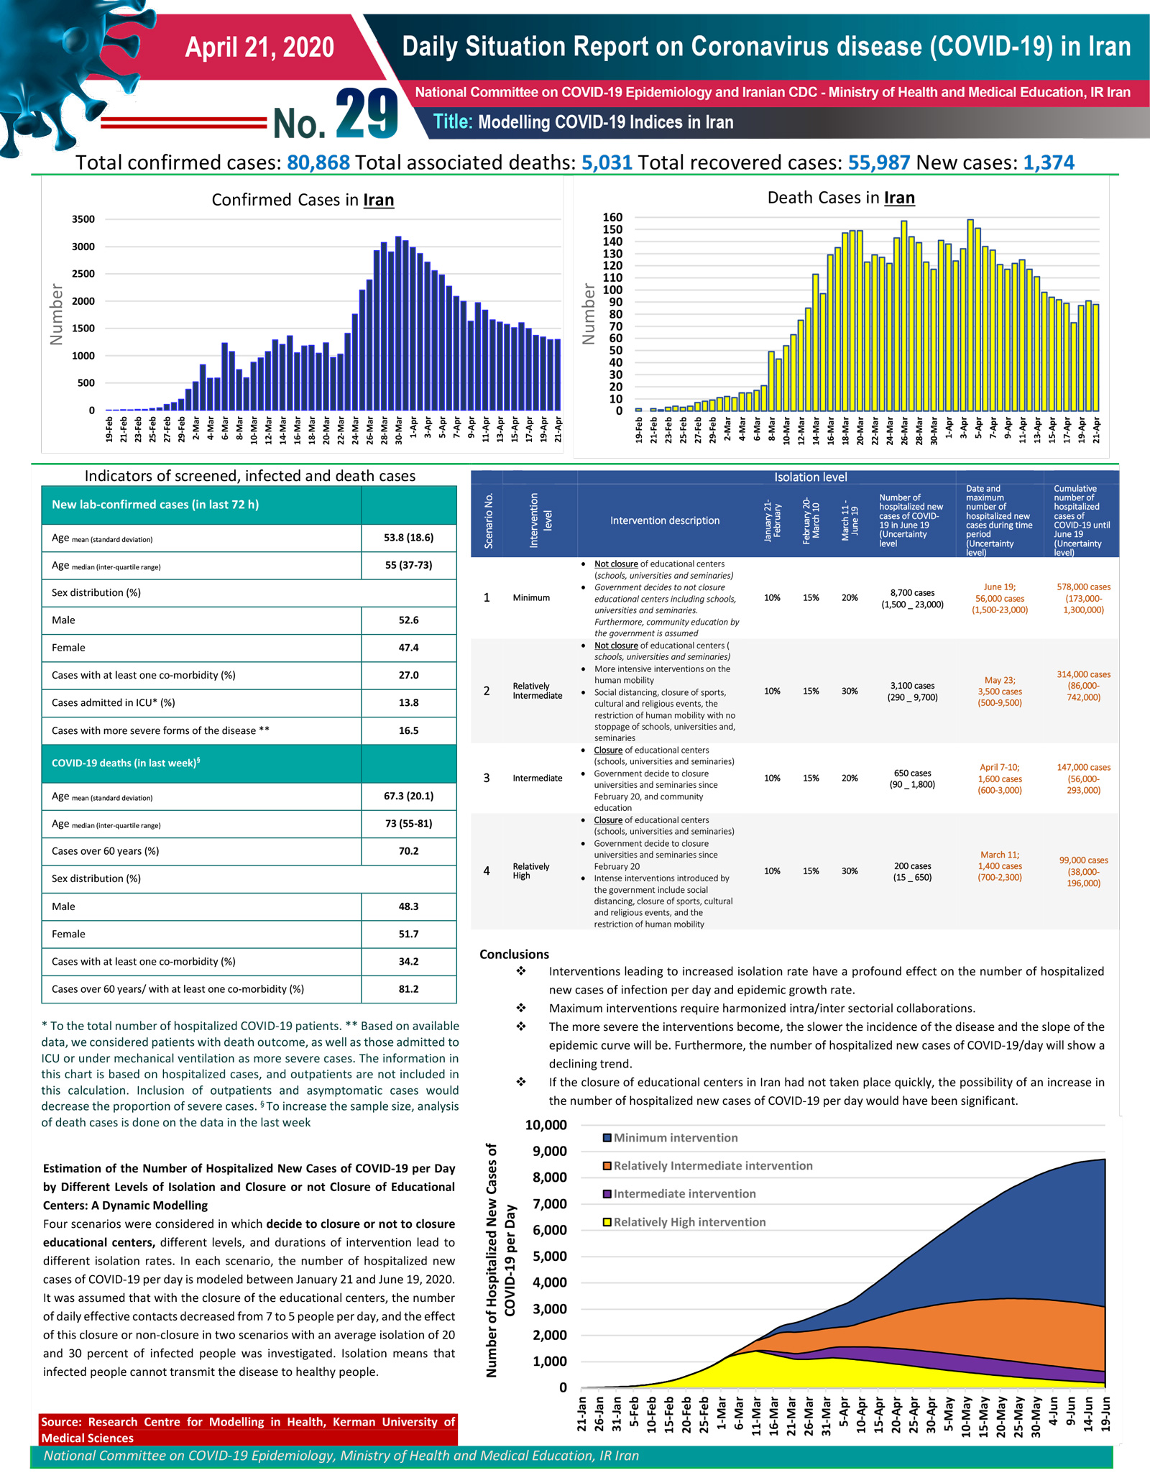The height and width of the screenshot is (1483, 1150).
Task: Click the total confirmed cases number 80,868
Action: (x=318, y=162)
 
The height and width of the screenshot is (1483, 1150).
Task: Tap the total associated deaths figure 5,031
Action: (x=607, y=162)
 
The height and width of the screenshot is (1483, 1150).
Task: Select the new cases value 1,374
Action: (x=1049, y=162)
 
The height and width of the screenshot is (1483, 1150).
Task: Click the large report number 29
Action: (x=367, y=114)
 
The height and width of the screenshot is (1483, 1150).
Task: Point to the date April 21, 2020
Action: (x=259, y=47)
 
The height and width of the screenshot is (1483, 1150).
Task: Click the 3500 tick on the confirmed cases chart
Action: (x=83, y=219)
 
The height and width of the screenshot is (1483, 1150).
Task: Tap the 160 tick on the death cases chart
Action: (x=612, y=217)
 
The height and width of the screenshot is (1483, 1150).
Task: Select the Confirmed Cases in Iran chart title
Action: (x=303, y=200)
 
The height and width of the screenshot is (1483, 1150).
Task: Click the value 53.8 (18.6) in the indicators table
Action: (x=408, y=538)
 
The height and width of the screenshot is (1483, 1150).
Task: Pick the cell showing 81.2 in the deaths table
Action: (x=408, y=989)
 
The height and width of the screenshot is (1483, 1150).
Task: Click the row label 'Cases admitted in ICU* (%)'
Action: (x=114, y=703)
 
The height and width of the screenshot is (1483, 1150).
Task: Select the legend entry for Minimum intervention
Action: (x=671, y=1138)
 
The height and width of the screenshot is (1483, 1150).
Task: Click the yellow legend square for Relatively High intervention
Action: (x=607, y=1222)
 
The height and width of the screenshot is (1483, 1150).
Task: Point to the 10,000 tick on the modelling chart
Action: (x=546, y=1125)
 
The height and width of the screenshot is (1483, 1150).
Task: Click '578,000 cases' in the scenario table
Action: (x=1083, y=587)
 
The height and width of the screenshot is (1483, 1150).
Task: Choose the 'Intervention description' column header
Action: (x=665, y=520)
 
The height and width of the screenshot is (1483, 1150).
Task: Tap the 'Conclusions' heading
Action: (x=514, y=954)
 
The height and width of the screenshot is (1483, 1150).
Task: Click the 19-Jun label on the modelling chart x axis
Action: (x=1105, y=1413)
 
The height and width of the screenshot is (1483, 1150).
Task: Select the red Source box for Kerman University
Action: (x=248, y=1429)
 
